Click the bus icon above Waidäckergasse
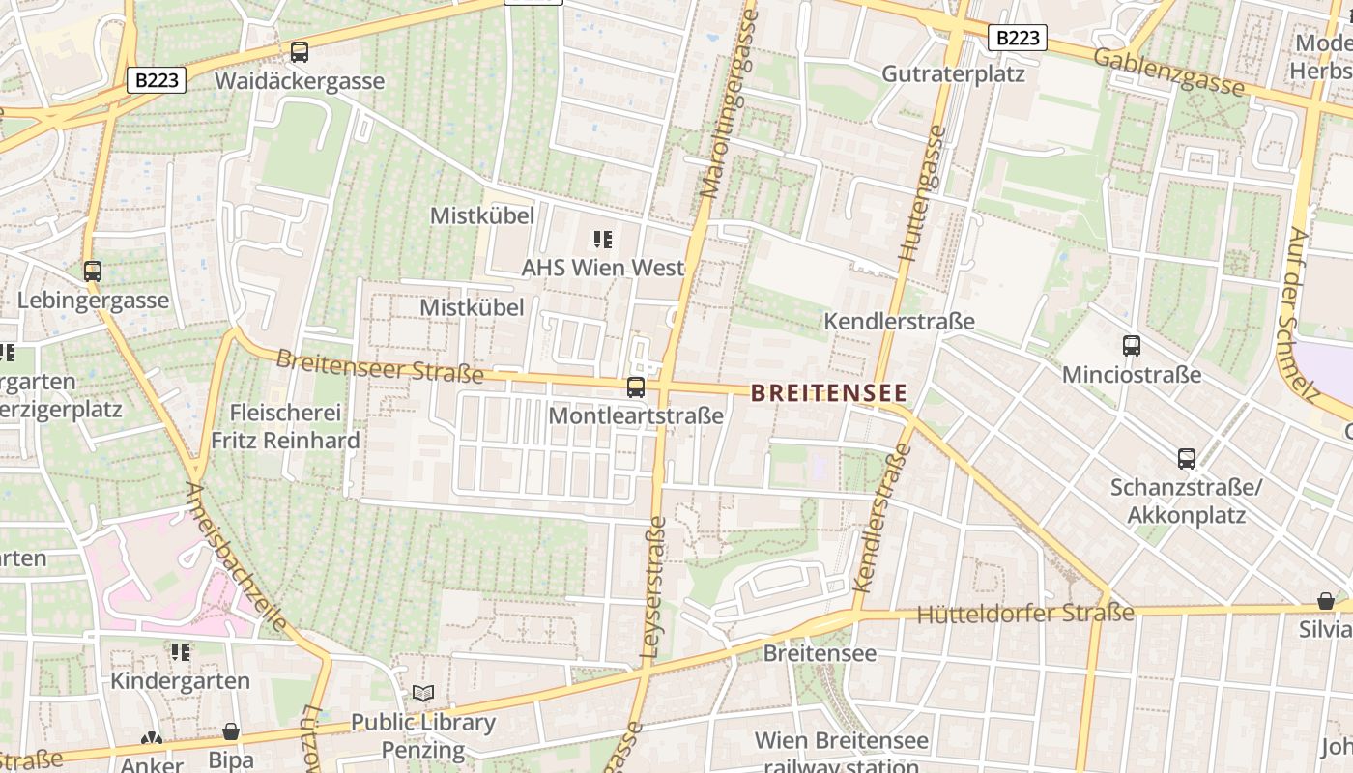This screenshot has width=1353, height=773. [300, 52]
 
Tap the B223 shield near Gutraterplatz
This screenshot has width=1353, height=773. [1018, 38]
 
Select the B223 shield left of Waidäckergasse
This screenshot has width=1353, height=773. [157, 80]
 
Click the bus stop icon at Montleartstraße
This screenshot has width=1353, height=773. [636, 387]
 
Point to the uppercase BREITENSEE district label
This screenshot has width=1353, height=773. [829, 393]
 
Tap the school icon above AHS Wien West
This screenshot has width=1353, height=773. [603, 239]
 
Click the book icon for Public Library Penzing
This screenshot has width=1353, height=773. [423, 693]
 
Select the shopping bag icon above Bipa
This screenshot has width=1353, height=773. [231, 731]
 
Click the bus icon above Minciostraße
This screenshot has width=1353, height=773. [1132, 345]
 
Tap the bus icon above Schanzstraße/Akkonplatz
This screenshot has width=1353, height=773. [1187, 459]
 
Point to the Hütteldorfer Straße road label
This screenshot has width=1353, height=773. [1024, 614]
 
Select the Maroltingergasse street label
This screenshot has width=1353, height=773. [725, 101]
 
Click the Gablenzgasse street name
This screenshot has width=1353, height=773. [1169, 72]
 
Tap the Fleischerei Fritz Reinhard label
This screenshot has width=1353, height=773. [285, 427]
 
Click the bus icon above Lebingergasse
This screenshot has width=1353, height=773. [93, 272]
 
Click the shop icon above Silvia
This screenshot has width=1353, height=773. [1326, 601]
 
